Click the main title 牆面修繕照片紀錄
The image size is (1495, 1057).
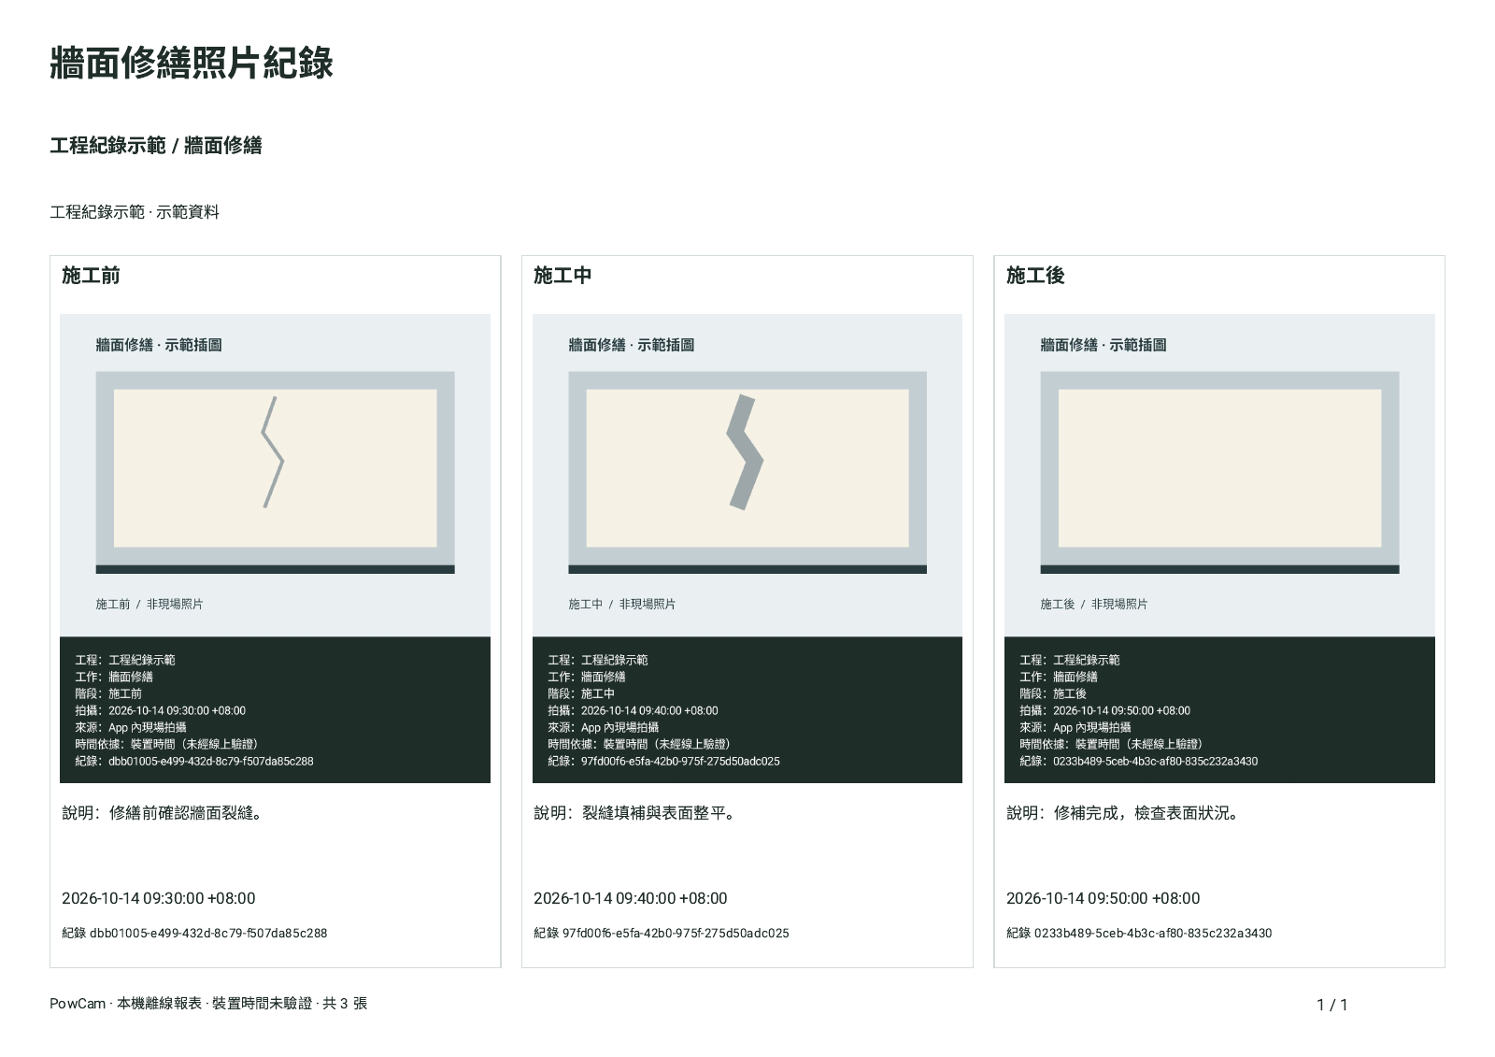pos(192,64)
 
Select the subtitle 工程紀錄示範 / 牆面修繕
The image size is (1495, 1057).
pos(156,146)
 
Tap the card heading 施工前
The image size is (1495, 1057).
pos(91,275)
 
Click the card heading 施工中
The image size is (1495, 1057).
pos(562,275)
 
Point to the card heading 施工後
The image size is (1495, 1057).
pos(1035,275)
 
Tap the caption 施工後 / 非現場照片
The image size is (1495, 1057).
pos(1094,605)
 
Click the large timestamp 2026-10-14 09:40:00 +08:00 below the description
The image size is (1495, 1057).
pos(630,899)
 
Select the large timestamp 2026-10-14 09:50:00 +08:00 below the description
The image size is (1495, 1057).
pos(1103,899)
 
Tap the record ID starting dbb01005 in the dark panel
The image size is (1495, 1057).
pos(211,761)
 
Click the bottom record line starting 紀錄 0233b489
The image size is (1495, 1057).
pos(1139,934)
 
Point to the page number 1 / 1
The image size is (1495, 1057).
pos(1332,1005)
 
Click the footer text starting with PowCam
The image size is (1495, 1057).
pos(208,1004)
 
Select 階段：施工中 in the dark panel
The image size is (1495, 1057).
pos(580,693)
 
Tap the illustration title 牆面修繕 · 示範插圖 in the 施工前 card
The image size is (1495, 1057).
pos(159,345)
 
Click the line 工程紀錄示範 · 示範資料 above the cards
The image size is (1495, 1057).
pos(135,212)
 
